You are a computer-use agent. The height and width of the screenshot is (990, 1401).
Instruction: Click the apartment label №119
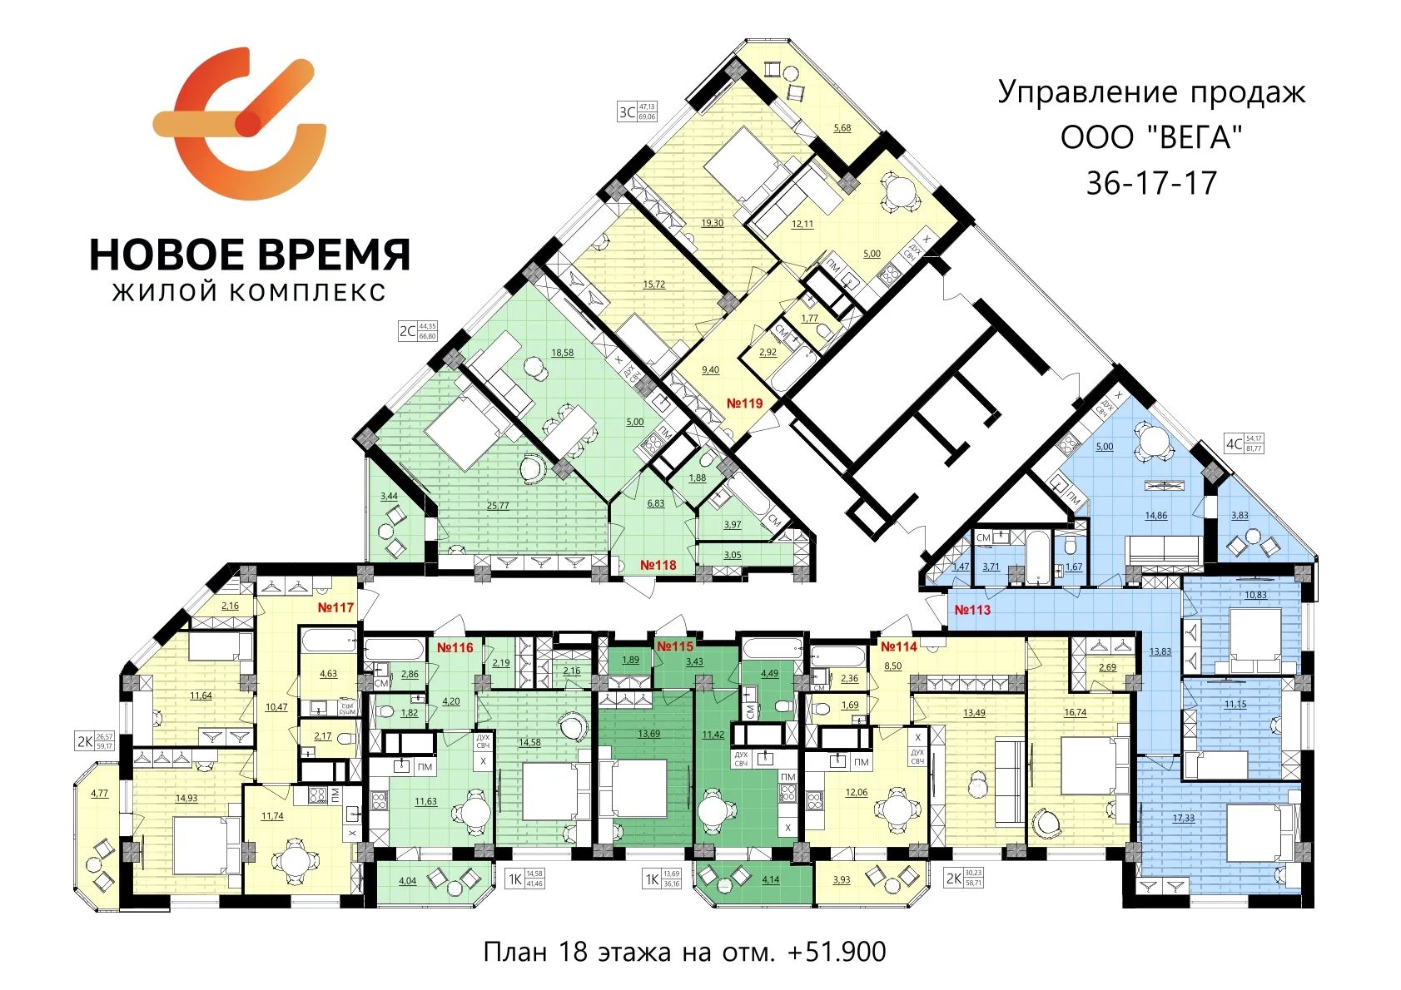tap(744, 403)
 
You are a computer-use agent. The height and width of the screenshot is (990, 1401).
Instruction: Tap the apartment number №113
tap(972, 610)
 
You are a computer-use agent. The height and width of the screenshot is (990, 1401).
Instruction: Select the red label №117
tap(335, 608)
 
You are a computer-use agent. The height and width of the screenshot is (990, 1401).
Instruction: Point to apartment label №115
tap(675, 646)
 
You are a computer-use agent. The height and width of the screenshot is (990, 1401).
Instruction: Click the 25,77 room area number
tap(498, 506)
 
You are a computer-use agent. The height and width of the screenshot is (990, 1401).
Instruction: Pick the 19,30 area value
tap(712, 223)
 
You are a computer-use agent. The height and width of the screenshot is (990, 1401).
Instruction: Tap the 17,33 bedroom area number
tap(1183, 819)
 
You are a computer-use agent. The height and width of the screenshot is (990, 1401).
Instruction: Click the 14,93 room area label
tap(186, 799)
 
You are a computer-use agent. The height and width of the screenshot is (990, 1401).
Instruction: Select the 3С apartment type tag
tap(628, 111)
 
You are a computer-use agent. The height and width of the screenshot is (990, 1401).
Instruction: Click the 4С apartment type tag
tap(1234, 443)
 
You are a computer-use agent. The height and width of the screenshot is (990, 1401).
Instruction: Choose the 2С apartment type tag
tap(407, 331)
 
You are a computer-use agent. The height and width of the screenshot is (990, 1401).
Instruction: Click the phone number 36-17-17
tap(1151, 183)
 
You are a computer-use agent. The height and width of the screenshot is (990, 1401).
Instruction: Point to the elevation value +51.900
tap(837, 952)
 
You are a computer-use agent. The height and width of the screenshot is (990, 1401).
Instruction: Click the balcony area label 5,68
tap(842, 128)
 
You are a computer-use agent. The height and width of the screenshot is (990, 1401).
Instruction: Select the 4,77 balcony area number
tap(99, 794)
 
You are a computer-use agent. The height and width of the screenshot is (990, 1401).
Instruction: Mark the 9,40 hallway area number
tap(710, 370)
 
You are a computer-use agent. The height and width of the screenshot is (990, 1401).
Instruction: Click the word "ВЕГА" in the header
tap(1194, 137)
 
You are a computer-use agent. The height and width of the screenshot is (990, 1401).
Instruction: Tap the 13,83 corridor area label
tap(1160, 651)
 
